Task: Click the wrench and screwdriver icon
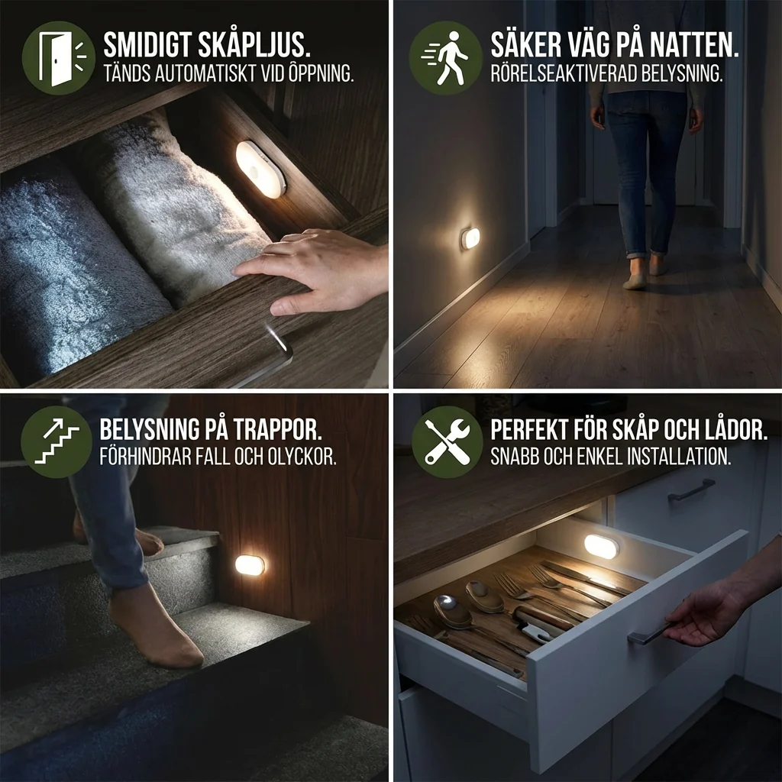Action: coord(447,442)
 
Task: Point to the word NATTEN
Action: coord(690,45)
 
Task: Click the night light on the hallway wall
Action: coord(470,239)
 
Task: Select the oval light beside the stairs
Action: coord(250,564)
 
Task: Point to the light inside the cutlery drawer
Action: coord(601,546)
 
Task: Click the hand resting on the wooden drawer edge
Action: coord(313,270)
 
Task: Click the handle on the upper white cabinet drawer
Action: coord(691,490)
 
